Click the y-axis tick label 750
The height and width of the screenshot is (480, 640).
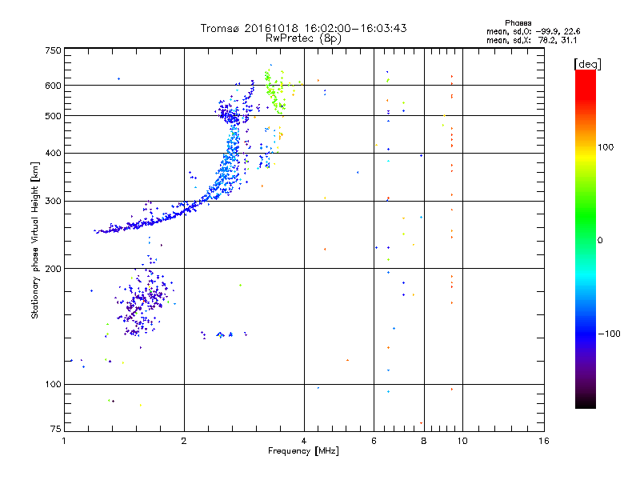tap(52, 50)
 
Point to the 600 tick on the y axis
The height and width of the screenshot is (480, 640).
tap(52, 85)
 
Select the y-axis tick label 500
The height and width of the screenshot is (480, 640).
tap(52, 116)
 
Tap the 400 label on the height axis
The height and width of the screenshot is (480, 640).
tap(52, 153)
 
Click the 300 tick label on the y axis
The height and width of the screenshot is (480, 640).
tap(52, 201)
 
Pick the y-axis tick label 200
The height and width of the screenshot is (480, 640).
tap(52, 268)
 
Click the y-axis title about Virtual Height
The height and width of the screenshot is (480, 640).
tap(35, 240)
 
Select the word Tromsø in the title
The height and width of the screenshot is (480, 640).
tap(221, 28)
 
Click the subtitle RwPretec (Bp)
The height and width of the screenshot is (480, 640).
tap(304, 38)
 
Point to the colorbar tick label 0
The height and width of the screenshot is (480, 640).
tap(601, 240)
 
